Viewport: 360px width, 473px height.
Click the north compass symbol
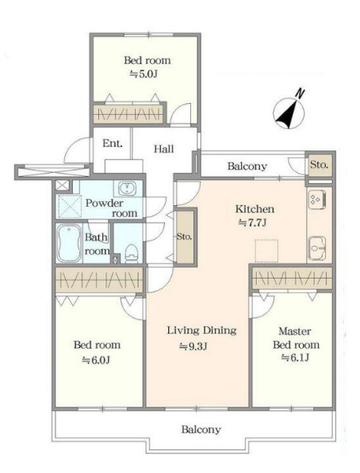tap(289, 113)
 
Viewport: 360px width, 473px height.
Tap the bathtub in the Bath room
tap(69, 242)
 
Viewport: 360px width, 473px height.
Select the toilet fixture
tap(131, 254)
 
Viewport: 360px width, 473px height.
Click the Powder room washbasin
tap(127, 189)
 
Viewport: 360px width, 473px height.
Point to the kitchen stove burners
tap(316, 199)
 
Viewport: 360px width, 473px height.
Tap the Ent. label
tap(113, 143)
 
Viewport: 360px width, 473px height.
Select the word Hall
tap(163, 149)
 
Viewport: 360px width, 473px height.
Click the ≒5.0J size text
tap(144, 74)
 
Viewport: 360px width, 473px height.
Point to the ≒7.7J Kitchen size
tap(252, 223)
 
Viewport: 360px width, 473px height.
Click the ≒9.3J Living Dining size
tap(193, 346)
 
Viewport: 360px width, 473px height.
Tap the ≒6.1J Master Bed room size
tap(295, 358)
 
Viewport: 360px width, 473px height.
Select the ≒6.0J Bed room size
tap(96, 360)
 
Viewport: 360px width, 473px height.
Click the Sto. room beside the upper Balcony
tap(320, 165)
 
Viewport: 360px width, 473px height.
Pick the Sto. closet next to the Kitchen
tap(185, 237)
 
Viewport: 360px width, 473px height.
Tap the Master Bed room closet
tap(292, 278)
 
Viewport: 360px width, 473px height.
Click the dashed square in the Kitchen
tap(266, 251)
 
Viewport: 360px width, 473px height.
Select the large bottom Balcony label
tap(201, 429)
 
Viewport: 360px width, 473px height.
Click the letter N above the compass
tap(299, 93)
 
